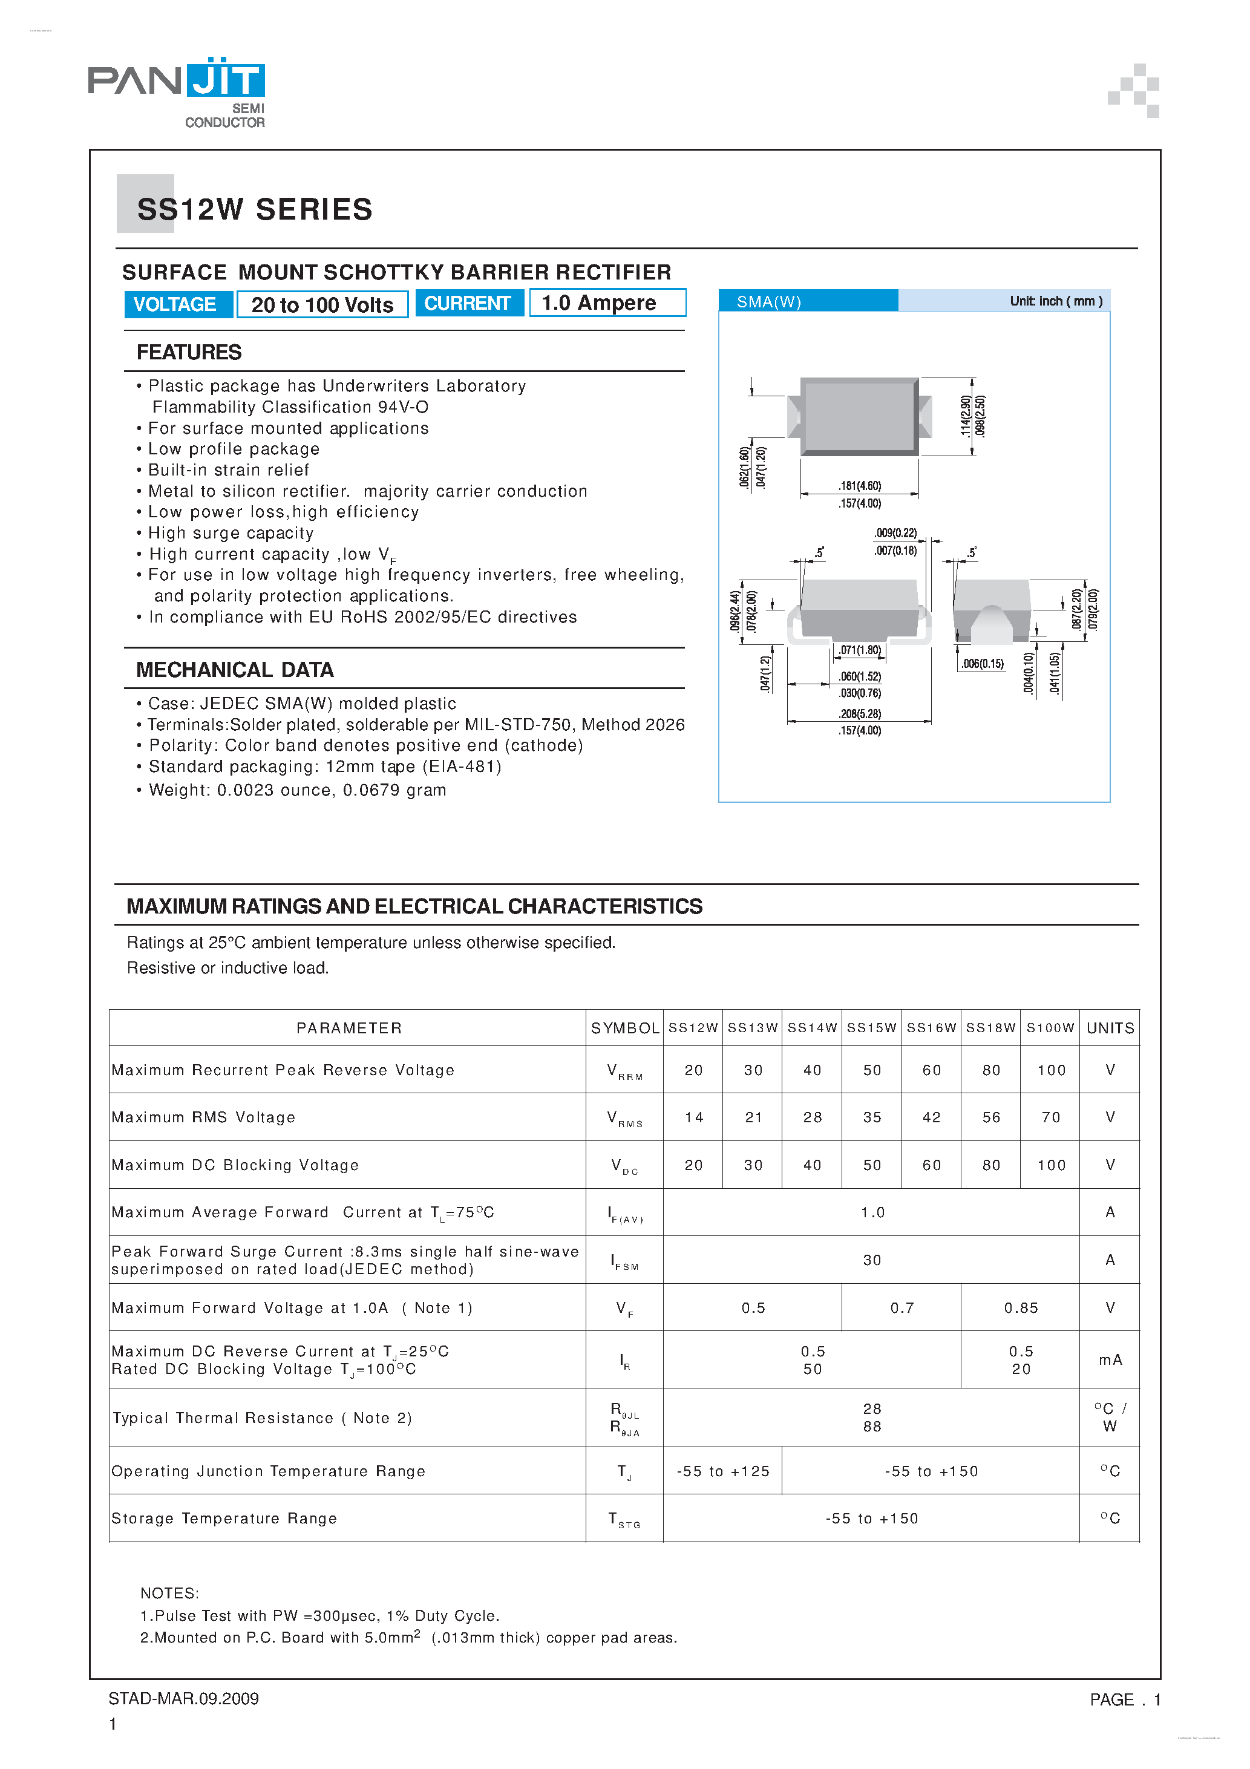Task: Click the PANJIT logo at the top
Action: pyautogui.click(x=177, y=91)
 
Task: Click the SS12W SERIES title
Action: pyautogui.click(x=254, y=209)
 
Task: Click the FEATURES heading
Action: pyautogui.click(x=189, y=352)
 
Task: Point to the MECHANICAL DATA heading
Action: pyautogui.click(x=234, y=670)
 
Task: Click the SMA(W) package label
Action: pyautogui.click(x=768, y=301)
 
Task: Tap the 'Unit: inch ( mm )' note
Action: pyautogui.click(x=1055, y=301)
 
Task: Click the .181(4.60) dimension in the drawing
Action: pyautogui.click(x=859, y=485)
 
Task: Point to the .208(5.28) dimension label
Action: pyautogui.click(x=859, y=713)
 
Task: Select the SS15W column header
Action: pyautogui.click(x=872, y=1028)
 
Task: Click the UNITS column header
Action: pyautogui.click(x=1110, y=1028)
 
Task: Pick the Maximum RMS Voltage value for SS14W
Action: pyautogui.click(x=813, y=1117)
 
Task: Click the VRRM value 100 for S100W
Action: pyautogui.click(x=1050, y=1070)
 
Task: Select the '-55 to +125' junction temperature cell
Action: pyautogui.click(x=723, y=1471)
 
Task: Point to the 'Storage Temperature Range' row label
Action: pyautogui.click(x=224, y=1518)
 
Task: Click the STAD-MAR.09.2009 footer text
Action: pyautogui.click(x=183, y=1698)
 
